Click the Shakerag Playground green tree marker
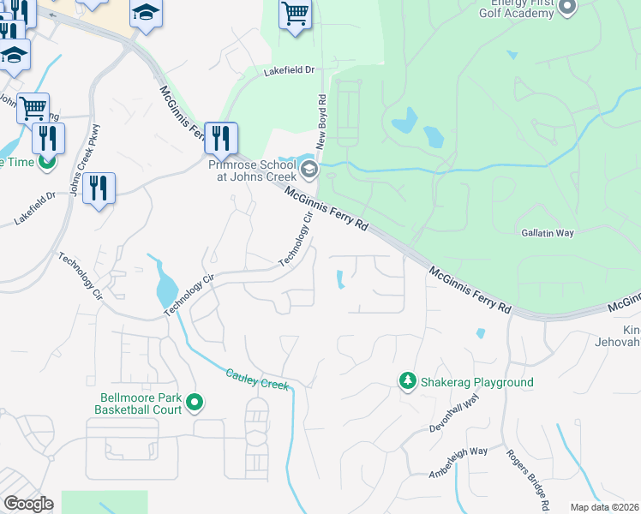coord(408,381)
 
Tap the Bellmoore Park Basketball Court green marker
coord(195,401)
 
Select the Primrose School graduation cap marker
coord(309,169)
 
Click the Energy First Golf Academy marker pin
coord(566,8)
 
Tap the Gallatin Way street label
coord(547,232)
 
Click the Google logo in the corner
coord(27,504)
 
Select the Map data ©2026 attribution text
coord(604,507)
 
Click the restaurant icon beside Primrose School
coord(221,136)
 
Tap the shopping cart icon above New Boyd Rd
coord(295,14)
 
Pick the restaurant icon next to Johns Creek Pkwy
coord(99,187)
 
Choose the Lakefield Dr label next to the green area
coord(290,69)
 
